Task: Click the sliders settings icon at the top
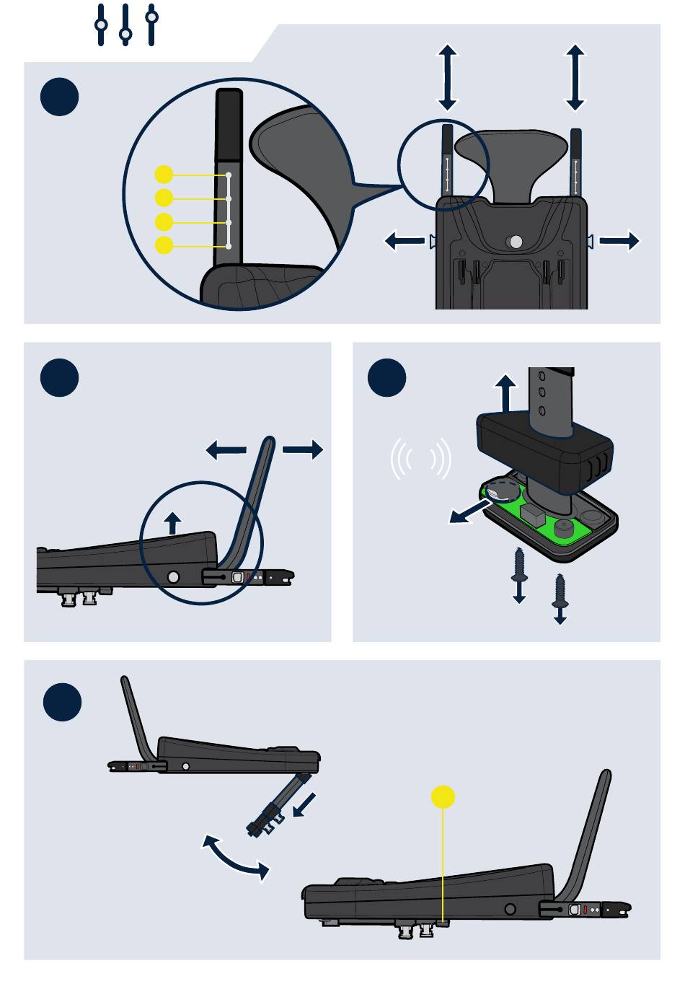tap(126, 25)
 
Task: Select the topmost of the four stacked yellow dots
tap(164, 174)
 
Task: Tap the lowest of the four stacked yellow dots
tap(164, 245)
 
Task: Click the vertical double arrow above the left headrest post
tap(448, 76)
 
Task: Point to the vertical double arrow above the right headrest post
tap(575, 76)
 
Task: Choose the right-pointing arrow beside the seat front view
tap(619, 240)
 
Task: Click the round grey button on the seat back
tap(515, 242)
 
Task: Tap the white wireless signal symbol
tap(421, 458)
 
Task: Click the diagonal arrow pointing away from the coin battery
tap(469, 513)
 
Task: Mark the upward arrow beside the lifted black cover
tap(506, 392)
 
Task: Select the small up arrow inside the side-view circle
tap(172, 522)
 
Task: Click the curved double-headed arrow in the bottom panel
tap(236, 857)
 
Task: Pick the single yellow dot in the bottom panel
tap(443, 797)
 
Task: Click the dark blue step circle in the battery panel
tap(386, 377)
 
